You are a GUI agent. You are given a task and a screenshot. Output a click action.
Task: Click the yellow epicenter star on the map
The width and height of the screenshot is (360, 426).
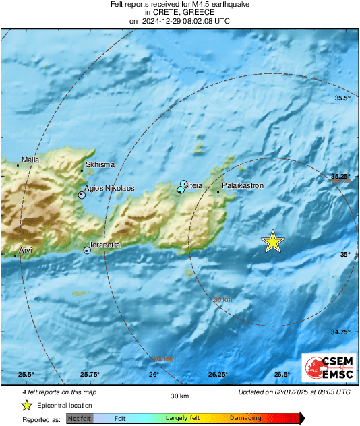click(x=272, y=241)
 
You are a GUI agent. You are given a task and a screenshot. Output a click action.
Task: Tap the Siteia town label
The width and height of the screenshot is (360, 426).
click(x=194, y=183)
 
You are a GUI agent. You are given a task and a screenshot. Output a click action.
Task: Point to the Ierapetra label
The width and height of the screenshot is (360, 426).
click(x=105, y=245)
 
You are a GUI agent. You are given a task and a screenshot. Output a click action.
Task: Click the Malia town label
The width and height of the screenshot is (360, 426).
click(x=31, y=160)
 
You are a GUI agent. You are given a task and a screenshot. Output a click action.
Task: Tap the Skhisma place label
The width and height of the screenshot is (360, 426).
click(x=100, y=164)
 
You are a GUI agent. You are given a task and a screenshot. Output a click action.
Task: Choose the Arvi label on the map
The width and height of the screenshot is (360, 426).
click(x=26, y=250)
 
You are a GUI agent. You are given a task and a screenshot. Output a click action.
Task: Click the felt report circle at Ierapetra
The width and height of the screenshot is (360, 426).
click(x=87, y=251)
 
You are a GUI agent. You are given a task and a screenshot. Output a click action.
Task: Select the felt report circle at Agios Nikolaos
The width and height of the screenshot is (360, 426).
click(x=82, y=195)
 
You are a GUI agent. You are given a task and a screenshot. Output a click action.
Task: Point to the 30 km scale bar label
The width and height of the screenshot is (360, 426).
click(x=179, y=396)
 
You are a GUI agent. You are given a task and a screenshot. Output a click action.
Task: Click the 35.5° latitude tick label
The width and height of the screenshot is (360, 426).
click(x=343, y=98)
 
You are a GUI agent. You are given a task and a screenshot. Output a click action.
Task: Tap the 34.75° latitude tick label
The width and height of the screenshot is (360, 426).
click(x=341, y=332)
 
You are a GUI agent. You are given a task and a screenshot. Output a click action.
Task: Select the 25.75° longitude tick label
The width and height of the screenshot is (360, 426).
click(x=90, y=375)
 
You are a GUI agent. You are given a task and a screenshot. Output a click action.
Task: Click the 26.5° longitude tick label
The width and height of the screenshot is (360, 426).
click(x=282, y=375)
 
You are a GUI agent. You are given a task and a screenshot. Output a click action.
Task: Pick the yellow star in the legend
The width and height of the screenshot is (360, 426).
click(x=26, y=405)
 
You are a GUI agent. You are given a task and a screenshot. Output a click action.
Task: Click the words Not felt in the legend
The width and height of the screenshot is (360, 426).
click(x=80, y=418)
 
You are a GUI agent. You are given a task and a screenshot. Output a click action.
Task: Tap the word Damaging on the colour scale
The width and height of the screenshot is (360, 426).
click(x=245, y=418)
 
